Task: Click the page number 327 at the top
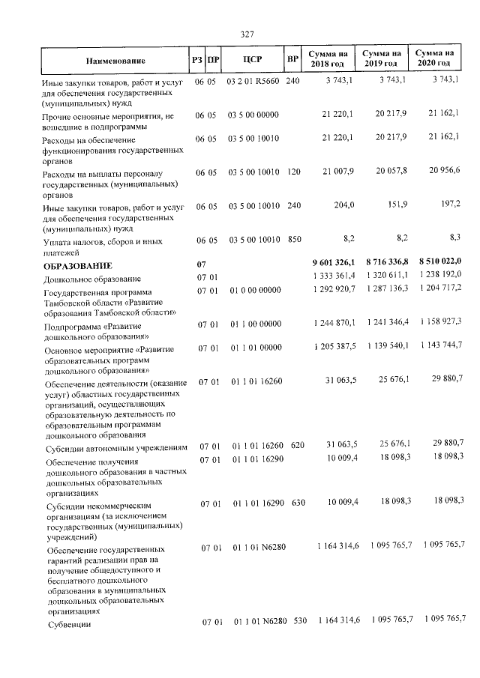tap(247, 34)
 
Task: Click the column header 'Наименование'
tap(119, 59)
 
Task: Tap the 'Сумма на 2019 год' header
tap(381, 58)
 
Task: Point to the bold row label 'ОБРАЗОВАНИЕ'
tap(78, 265)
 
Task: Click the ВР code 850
tap(294, 239)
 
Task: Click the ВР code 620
tap(297, 446)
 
